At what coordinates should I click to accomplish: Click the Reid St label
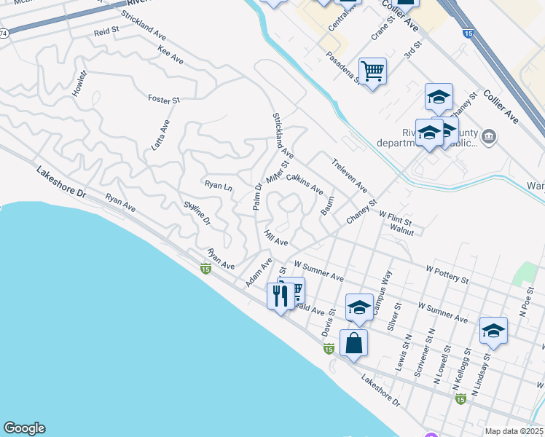pyautogui.click(x=106, y=33)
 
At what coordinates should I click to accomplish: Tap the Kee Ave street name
pyautogui.click(x=170, y=55)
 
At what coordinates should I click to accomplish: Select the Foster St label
pyautogui.click(x=163, y=98)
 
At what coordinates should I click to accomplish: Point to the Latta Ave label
pyautogui.click(x=160, y=134)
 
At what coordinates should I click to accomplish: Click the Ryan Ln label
pyautogui.click(x=218, y=186)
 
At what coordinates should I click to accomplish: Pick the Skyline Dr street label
pyautogui.click(x=197, y=211)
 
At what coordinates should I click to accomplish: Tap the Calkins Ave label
pyautogui.click(x=305, y=184)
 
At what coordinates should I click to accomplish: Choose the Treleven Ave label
pyautogui.click(x=350, y=176)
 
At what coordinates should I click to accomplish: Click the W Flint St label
pyautogui.click(x=396, y=217)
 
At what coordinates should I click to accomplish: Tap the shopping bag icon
pyautogui.click(x=353, y=343)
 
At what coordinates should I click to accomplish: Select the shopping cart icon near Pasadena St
pyautogui.click(x=372, y=71)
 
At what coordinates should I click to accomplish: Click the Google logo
pyautogui.click(x=24, y=428)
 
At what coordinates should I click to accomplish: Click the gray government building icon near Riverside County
pyautogui.click(x=489, y=136)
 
